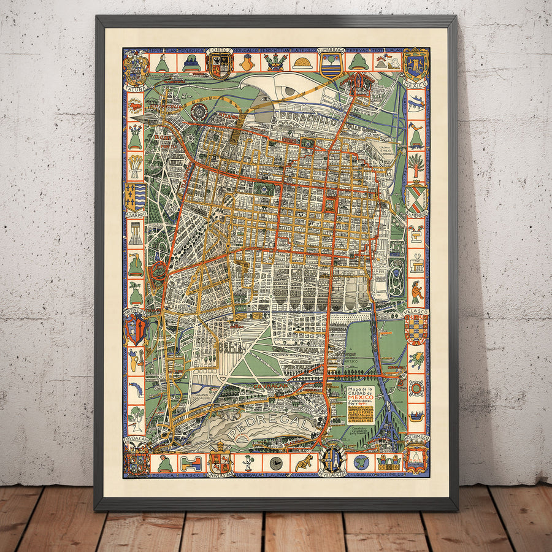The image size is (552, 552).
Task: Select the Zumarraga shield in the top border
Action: (x=331, y=64)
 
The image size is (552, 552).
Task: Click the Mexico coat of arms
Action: (x=415, y=64)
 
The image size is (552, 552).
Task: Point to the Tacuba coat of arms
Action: (x=136, y=68)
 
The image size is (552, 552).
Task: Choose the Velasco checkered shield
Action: (x=416, y=329)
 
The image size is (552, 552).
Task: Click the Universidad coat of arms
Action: (x=220, y=462)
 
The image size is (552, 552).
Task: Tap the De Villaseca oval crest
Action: (x=332, y=459)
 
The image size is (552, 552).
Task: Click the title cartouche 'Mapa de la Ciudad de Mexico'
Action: (x=363, y=404)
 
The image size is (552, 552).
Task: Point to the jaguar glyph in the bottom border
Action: (x=304, y=462)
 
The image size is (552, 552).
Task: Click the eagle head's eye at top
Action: (x=288, y=91)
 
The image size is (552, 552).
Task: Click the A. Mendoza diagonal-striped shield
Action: (x=416, y=197)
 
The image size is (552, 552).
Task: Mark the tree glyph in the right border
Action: (x=416, y=166)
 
